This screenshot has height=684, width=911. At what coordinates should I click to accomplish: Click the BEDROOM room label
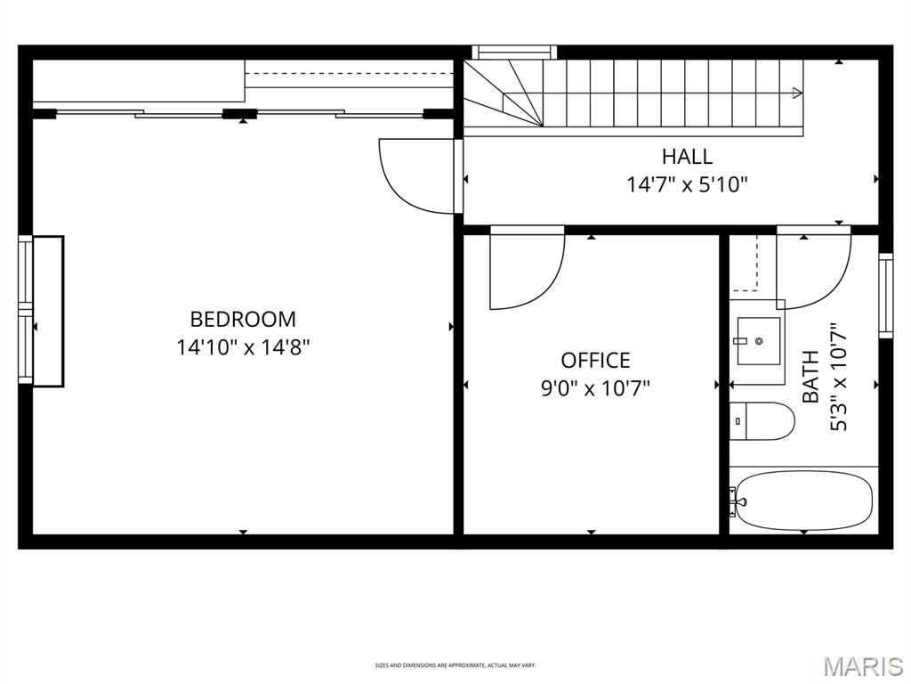[x=243, y=319]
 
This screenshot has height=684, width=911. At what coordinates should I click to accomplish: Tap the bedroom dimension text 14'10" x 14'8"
[x=243, y=346]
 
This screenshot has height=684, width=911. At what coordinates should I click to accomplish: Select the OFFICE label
[x=595, y=361]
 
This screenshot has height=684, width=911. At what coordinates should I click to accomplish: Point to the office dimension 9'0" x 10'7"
[x=595, y=388]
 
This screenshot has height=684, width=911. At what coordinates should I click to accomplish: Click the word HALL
[x=687, y=157]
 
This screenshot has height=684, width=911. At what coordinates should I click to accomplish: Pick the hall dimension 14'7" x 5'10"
[x=687, y=185]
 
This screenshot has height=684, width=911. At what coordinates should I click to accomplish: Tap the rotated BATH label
[x=810, y=377]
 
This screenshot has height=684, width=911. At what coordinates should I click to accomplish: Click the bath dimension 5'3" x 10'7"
[x=839, y=377]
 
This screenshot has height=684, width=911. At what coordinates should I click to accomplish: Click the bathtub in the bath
[x=804, y=501]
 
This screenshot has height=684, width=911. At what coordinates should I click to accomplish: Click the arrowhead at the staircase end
[x=797, y=93]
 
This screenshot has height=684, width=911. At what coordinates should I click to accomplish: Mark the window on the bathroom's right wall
[x=885, y=296]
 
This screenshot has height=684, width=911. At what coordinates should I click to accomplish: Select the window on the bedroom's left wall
[x=26, y=310]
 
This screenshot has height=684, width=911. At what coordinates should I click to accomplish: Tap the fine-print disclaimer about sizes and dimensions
[x=455, y=665]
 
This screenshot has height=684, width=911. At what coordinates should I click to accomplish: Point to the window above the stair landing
[x=513, y=52]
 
